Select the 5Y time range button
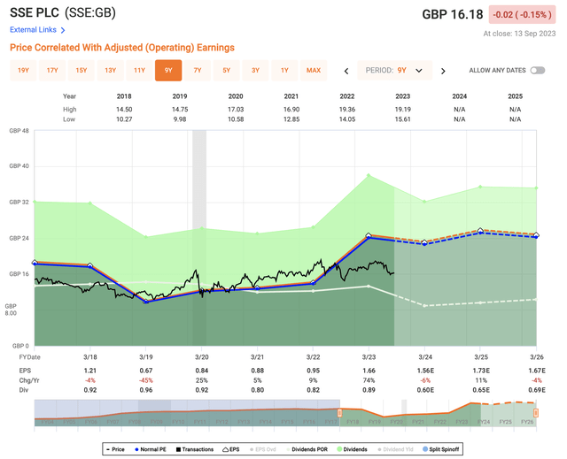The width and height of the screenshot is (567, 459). (x=226, y=70)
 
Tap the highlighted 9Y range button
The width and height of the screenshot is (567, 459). (x=168, y=70)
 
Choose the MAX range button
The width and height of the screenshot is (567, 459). (x=313, y=70)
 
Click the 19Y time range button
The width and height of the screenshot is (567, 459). (x=24, y=70)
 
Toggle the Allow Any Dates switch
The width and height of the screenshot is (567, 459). (x=538, y=70)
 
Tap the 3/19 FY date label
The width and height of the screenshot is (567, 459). (x=146, y=356)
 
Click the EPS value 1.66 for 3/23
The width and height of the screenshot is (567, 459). (x=369, y=369)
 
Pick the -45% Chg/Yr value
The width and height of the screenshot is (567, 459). (x=146, y=379)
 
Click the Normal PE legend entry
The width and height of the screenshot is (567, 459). (x=156, y=449)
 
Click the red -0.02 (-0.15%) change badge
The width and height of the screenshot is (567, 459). (x=530, y=15)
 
